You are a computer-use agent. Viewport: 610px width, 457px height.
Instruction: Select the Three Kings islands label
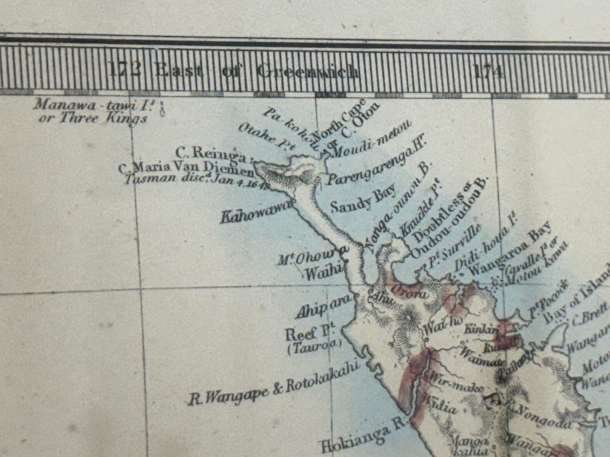pos(91,112)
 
